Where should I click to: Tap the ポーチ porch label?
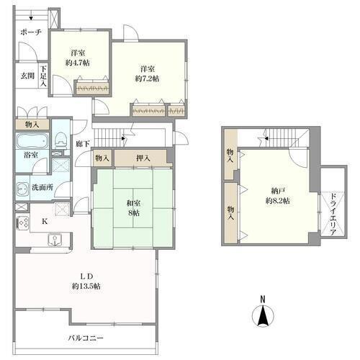click(x=31, y=32)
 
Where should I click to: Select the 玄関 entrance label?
click(x=27, y=76)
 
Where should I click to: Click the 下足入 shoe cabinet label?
click(x=43, y=76)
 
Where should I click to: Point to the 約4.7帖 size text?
click(x=78, y=63)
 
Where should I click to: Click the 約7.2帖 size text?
click(x=147, y=78)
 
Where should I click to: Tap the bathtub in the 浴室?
click(x=32, y=141)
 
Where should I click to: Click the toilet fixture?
click(x=60, y=140)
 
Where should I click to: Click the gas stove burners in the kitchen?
click(x=23, y=224)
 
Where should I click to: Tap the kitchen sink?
click(x=55, y=240)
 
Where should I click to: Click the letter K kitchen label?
click(x=45, y=222)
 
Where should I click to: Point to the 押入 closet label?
click(x=143, y=158)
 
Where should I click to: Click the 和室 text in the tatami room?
click(x=134, y=203)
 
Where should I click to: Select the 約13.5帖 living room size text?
click(x=86, y=286)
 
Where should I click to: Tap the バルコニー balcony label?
click(x=86, y=338)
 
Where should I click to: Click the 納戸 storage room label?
click(x=278, y=191)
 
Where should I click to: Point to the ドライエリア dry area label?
click(x=333, y=214)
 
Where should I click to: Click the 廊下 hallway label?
click(x=83, y=144)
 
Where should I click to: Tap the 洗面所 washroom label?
click(x=42, y=187)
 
